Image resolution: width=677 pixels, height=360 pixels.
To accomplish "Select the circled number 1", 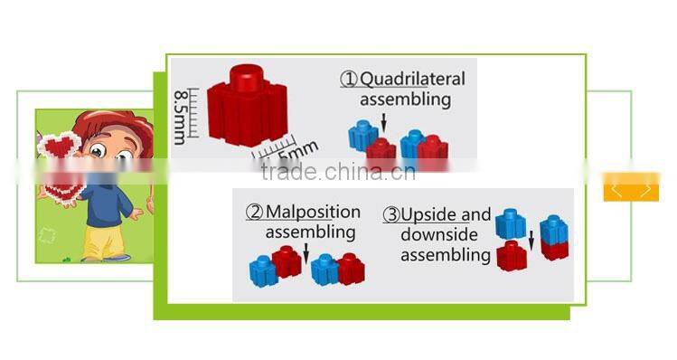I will tap(349, 80).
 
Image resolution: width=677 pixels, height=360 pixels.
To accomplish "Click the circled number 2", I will tap(254, 213).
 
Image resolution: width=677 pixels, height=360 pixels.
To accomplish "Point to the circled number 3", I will tap(391, 215).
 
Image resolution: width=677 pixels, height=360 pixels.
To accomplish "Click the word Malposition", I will tap(311, 213).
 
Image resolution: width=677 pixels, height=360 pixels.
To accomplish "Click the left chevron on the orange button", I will tap(617, 188).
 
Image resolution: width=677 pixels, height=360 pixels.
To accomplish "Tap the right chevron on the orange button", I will tap(645, 188).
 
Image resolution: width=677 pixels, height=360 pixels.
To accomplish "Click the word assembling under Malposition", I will tap(310, 232).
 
